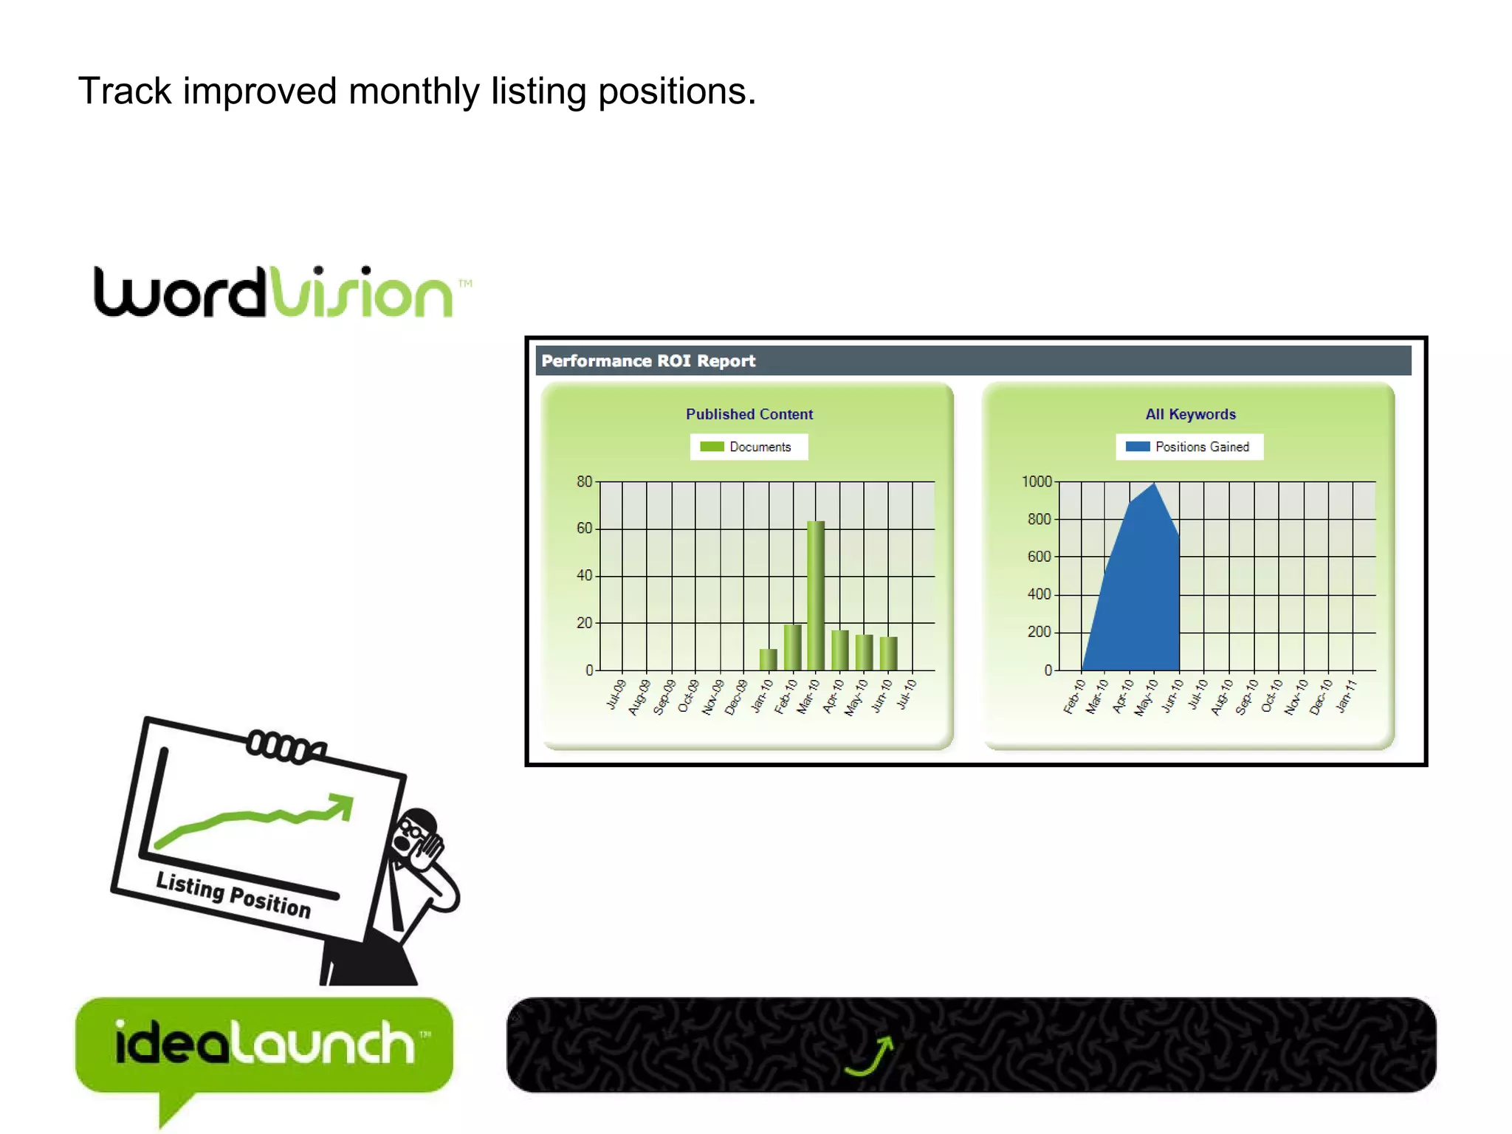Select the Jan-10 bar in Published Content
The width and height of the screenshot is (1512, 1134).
(x=768, y=659)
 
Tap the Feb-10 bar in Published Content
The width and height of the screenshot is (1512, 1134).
(x=792, y=647)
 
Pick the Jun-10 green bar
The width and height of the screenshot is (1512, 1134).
(x=888, y=653)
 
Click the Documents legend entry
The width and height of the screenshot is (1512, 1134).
(x=749, y=447)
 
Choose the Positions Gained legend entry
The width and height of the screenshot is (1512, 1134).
(x=1189, y=447)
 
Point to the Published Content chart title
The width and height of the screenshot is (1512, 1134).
(x=749, y=414)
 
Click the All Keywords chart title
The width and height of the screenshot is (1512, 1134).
(x=1190, y=414)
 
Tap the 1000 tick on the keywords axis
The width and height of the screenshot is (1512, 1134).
(x=1036, y=482)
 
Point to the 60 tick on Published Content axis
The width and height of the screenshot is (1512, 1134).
(x=584, y=528)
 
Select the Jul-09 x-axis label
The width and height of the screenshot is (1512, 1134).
(x=616, y=695)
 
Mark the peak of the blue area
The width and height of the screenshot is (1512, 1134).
(x=1154, y=484)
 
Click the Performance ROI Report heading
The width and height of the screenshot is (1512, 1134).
(x=648, y=361)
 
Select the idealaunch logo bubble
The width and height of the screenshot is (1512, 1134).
(x=264, y=1044)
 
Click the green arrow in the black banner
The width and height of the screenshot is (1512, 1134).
(x=871, y=1056)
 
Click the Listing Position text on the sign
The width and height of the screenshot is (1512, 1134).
(x=233, y=894)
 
